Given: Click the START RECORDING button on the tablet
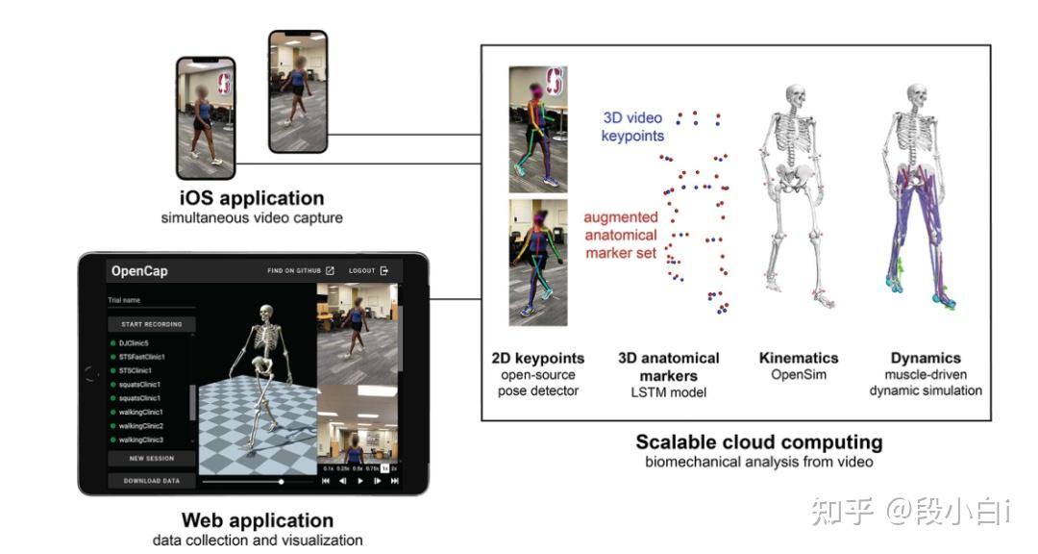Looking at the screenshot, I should [x=151, y=324].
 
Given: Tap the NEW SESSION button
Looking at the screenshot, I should [x=151, y=459].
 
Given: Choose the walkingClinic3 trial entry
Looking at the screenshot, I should [x=141, y=440].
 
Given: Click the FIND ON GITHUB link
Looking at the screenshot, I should [x=301, y=271].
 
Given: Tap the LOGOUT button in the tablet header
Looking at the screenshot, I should [x=369, y=271].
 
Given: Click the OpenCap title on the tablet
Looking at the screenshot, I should [x=139, y=271].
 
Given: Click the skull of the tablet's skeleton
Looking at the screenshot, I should [x=266, y=314].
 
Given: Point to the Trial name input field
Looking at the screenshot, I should [x=151, y=301].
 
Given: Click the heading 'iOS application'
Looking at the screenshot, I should [x=252, y=199].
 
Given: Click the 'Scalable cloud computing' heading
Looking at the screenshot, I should [x=758, y=442].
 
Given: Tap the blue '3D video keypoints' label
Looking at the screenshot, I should [x=632, y=127].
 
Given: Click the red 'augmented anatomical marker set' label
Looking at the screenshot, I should [x=620, y=236].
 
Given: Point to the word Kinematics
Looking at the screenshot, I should [x=799, y=358].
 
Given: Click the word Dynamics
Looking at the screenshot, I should [x=926, y=358].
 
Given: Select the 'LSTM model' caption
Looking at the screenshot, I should [x=669, y=391].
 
